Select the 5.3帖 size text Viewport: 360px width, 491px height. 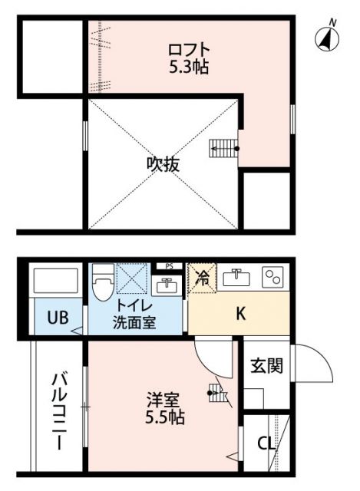(189, 67)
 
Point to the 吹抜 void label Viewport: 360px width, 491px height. (163, 164)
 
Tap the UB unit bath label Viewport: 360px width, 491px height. (55, 318)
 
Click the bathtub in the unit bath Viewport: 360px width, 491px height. (56, 282)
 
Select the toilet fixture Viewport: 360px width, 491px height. (101, 285)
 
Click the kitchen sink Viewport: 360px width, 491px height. (239, 278)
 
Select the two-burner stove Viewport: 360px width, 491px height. (272, 277)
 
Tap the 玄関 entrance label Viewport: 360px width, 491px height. (266, 365)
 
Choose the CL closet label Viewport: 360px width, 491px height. (266, 444)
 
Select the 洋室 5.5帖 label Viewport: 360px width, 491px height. (166, 408)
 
